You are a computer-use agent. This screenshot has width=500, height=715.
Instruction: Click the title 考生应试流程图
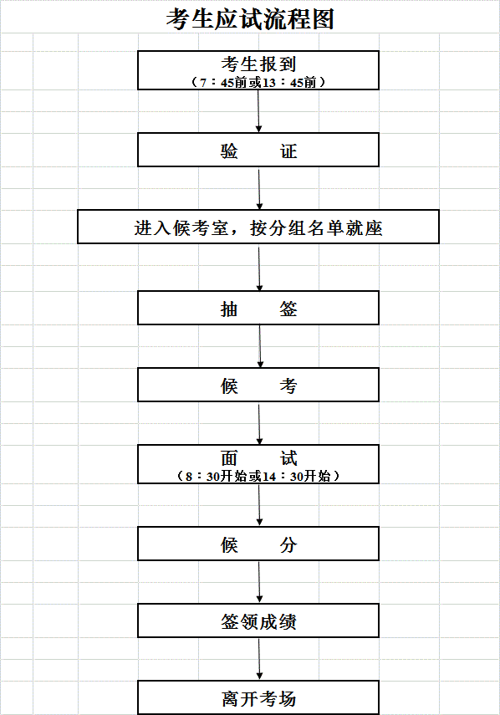click(250, 19)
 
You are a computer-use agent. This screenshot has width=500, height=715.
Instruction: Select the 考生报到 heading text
click(258, 64)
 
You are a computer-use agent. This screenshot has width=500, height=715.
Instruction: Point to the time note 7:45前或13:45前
click(258, 83)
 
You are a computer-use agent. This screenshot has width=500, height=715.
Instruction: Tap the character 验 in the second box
click(229, 151)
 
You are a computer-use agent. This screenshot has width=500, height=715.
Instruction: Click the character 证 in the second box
click(288, 151)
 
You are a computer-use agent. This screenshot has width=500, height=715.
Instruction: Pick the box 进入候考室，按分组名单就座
click(258, 227)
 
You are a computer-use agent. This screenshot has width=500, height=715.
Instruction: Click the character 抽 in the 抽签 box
click(229, 309)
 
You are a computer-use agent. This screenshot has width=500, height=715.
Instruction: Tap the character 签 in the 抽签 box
click(288, 309)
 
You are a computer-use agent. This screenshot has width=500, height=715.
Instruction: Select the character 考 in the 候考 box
click(288, 386)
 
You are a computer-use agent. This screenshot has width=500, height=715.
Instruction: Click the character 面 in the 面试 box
click(229, 457)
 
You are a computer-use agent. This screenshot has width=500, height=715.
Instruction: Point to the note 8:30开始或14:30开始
click(258, 476)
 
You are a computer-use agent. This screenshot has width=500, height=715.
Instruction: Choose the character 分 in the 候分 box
click(288, 544)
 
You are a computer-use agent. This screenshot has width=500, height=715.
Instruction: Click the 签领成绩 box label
click(258, 621)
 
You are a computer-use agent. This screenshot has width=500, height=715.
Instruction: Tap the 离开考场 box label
click(258, 698)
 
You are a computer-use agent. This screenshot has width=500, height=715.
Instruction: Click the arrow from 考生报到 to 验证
click(259, 111)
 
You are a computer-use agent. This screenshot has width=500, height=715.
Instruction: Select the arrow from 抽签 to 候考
click(260, 346)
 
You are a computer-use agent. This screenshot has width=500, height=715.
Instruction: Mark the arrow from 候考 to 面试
click(259, 424)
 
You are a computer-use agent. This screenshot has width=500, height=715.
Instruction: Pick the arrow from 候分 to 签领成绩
click(259, 582)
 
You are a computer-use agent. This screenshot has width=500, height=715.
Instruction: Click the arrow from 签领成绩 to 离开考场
click(259, 659)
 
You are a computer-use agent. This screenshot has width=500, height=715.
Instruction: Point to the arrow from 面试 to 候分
click(259, 505)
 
